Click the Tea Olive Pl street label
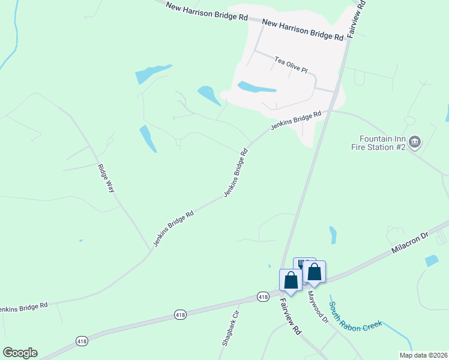click(x=291, y=65)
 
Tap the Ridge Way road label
click(x=106, y=177)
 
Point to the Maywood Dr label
click(x=319, y=308)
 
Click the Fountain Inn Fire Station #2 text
click(x=381, y=142)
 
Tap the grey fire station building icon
click(x=415, y=142)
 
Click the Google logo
click(x=20, y=353)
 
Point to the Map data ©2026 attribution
click(x=423, y=355)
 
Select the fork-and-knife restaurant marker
click(x=303, y=264)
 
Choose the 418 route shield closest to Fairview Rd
click(x=262, y=296)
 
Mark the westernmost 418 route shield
click(x=82, y=340)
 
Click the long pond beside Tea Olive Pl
click(x=257, y=88)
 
